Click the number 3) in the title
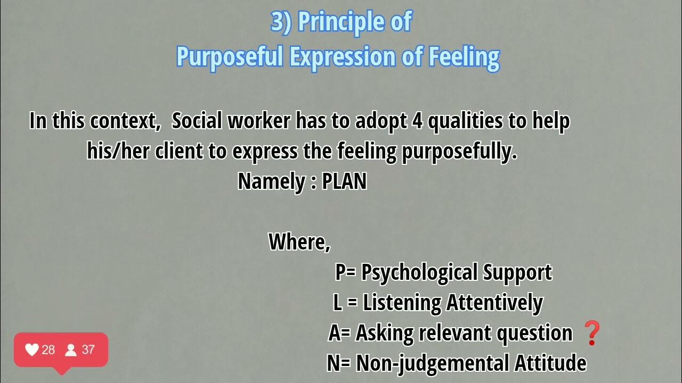pos(281,22)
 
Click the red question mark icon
pos(592,333)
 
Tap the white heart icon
pos(32,349)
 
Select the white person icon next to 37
pos(70,349)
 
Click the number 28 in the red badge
pos(48,349)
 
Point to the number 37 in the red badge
pos(88,349)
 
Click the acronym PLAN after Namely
pos(344,181)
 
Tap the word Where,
pos(299,242)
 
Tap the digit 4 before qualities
pos(417,121)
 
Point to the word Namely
pos(270,181)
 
